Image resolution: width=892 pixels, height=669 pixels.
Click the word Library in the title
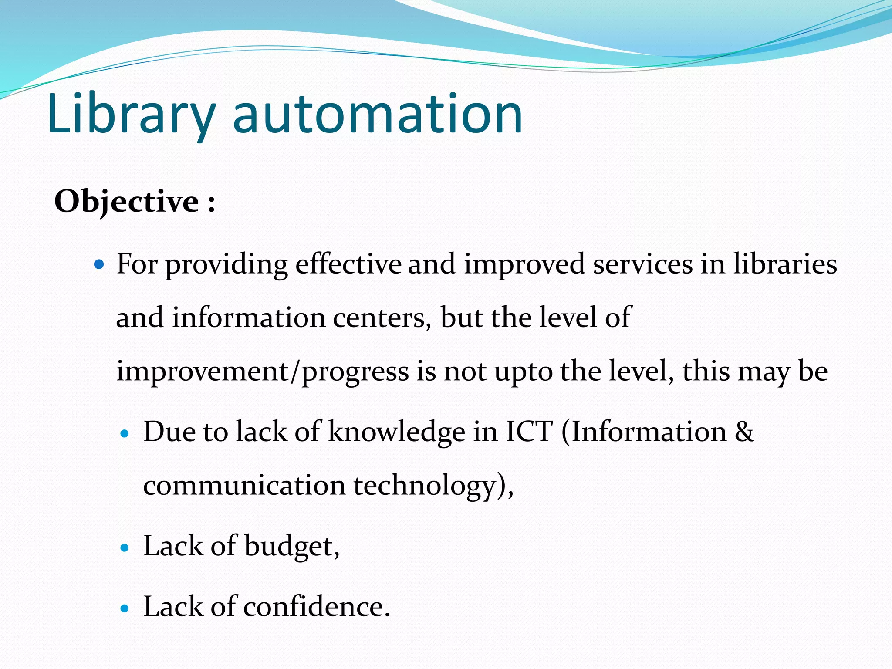(131, 114)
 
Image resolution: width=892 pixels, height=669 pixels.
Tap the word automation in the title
(378, 114)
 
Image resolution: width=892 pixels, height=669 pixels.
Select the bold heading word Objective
(126, 202)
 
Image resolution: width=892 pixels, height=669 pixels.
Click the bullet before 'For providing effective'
(100, 264)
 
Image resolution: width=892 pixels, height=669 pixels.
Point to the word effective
(348, 264)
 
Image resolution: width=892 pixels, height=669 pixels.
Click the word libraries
(785, 264)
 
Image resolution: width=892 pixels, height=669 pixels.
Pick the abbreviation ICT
(529, 432)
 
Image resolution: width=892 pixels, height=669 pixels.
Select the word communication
(244, 485)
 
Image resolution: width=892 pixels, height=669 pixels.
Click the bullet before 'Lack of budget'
(125, 548)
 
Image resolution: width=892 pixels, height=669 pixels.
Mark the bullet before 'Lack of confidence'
(125, 608)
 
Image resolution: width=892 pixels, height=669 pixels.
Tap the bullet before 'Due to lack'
(125, 433)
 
